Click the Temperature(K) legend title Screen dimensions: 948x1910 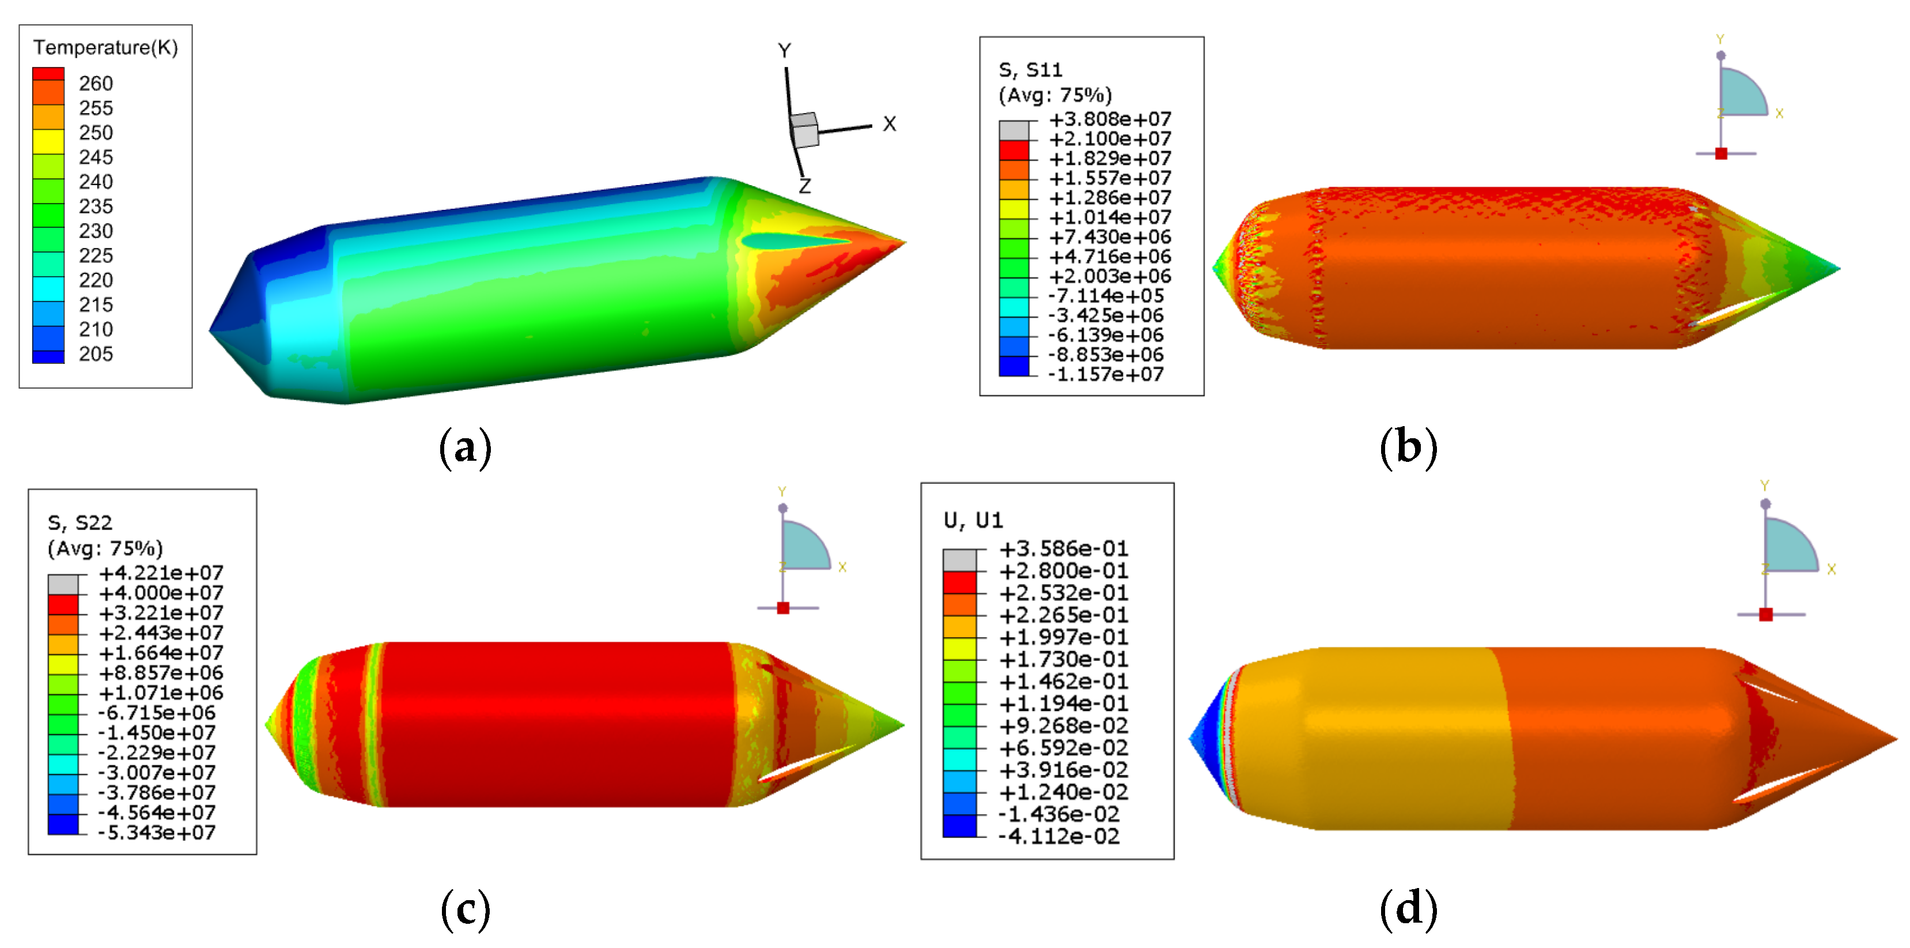click(105, 47)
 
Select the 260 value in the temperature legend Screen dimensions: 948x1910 click(96, 83)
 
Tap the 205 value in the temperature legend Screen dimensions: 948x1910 click(96, 354)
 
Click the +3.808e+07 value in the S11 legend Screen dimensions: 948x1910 click(1110, 119)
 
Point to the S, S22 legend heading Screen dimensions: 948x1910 click(80, 523)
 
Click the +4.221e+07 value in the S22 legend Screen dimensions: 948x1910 click(161, 573)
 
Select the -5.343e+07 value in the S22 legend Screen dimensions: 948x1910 click(157, 832)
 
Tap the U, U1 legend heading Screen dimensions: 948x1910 click(973, 521)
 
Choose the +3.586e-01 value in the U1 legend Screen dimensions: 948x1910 click(1063, 549)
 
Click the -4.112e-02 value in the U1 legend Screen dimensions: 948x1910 click(1059, 836)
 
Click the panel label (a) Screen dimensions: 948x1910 click(465, 448)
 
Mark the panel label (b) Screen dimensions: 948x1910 click(1408, 448)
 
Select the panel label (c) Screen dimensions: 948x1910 click(465, 909)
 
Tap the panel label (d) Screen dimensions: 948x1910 click(1408, 909)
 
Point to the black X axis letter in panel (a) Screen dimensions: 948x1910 click(890, 124)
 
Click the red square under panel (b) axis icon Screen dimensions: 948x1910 click(1721, 153)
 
